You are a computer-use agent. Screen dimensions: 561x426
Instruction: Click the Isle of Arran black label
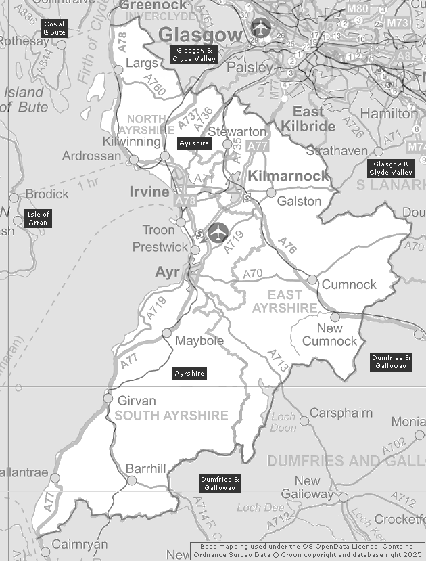point(39,218)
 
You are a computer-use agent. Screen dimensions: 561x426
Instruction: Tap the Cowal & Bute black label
point(54,28)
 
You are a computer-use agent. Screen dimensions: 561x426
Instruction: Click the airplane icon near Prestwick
point(218,232)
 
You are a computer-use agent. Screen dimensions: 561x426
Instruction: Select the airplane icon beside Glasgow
point(260,28)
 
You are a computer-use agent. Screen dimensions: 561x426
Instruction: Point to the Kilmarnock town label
point(289,176)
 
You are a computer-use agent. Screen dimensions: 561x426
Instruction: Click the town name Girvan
point(137,400)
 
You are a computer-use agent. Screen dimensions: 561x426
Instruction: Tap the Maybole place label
point(199,340)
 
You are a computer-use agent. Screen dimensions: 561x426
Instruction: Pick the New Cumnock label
point(329,334)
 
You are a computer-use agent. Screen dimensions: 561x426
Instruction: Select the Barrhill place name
point(146,468)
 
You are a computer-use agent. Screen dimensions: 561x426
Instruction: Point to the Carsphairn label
point(341,413)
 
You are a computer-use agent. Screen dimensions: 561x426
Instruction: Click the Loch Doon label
point(283,422)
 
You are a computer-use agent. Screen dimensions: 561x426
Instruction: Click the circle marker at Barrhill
point(132,480)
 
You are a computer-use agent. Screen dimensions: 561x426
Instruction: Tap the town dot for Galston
point(271,193)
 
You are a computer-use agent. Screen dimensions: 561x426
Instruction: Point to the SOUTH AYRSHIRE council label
point(171,416)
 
